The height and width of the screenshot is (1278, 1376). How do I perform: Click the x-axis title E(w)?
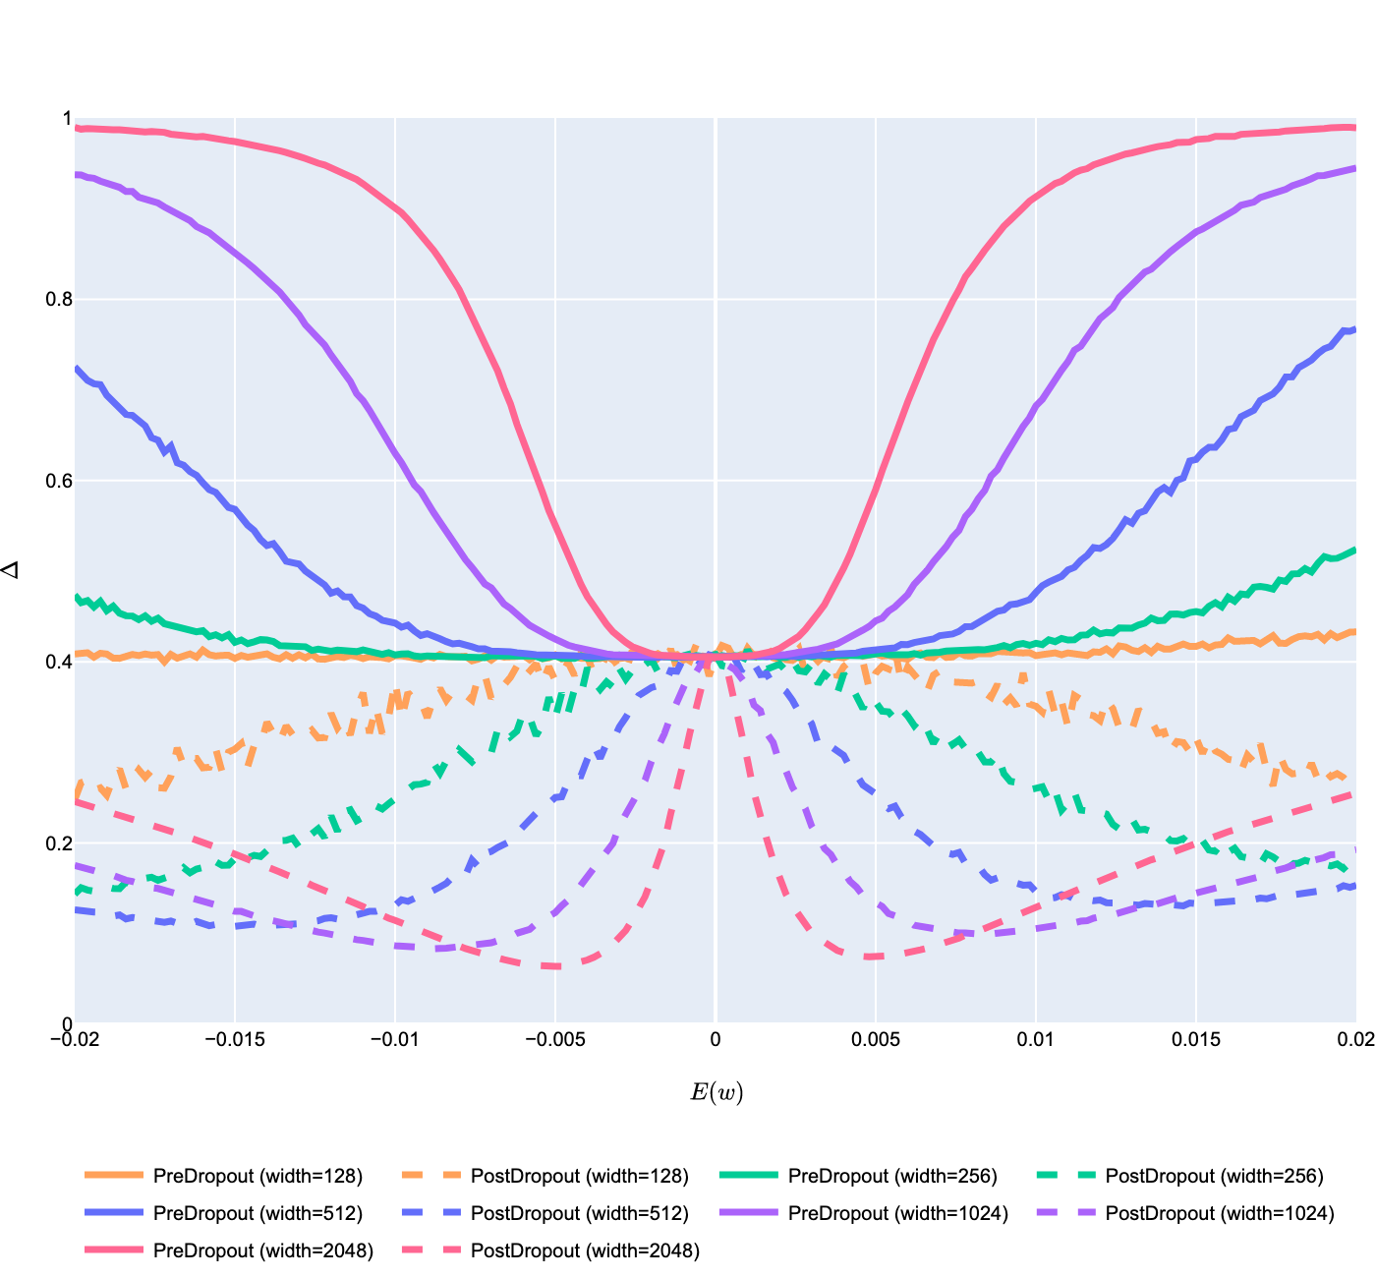[x=716, y=1092]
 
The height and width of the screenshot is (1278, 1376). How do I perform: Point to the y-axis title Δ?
[x=12, y=570]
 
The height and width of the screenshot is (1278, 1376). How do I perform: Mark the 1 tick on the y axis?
[x=67, y=119]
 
